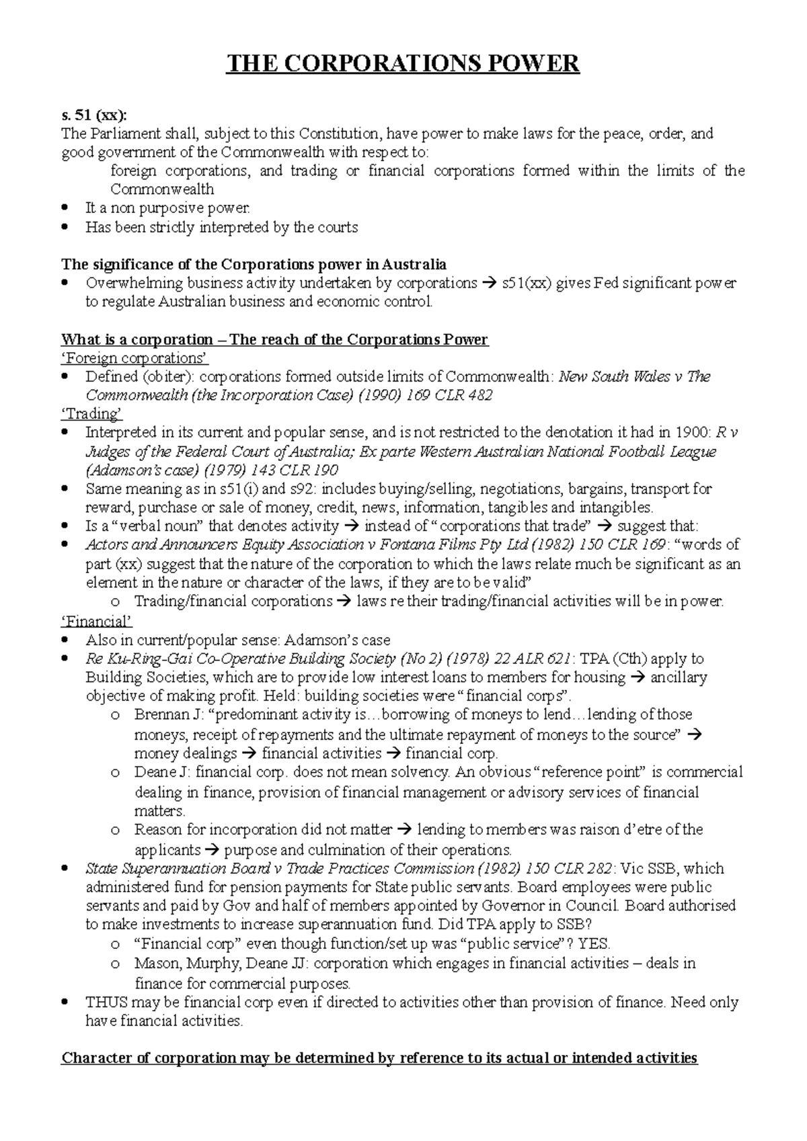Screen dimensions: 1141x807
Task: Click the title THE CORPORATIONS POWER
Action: coord(403,64)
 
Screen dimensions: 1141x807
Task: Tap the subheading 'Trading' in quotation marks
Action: coord(92,414)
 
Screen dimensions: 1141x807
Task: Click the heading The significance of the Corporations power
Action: coord(254,263)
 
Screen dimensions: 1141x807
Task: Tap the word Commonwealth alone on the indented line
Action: coord(162,189)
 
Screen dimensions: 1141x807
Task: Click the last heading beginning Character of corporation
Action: coord(379,1058)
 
